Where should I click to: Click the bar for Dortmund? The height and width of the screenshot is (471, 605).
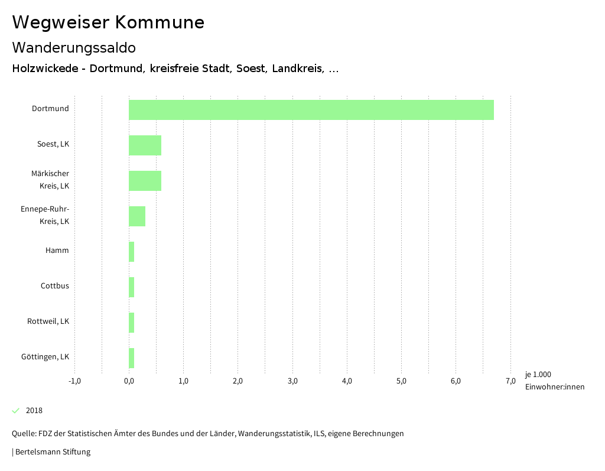311,110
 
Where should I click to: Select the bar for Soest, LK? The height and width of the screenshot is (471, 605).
145,145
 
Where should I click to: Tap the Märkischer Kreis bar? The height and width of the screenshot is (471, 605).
145,181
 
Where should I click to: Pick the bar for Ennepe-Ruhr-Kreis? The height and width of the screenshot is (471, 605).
137,216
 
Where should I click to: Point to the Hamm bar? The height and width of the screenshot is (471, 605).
132,252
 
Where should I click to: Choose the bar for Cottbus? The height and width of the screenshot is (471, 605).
132,287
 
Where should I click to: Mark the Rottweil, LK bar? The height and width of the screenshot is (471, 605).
132,323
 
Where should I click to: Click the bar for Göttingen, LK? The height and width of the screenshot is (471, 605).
132,358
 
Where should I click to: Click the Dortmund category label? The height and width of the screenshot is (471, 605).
50,109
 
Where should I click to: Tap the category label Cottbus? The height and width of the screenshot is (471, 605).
54,286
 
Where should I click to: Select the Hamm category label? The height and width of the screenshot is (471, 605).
57,251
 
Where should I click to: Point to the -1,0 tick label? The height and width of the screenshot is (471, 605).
74,381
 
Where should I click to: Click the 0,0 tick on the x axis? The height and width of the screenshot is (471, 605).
129,381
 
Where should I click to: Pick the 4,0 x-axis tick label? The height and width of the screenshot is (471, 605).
347,381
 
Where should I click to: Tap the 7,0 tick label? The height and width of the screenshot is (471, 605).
510,381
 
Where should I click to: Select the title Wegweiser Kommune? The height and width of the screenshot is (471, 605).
108,22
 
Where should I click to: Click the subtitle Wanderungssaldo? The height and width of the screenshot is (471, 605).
74,47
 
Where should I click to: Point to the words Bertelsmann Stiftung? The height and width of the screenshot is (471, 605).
53,452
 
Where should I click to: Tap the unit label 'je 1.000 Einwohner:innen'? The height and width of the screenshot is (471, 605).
554,381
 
